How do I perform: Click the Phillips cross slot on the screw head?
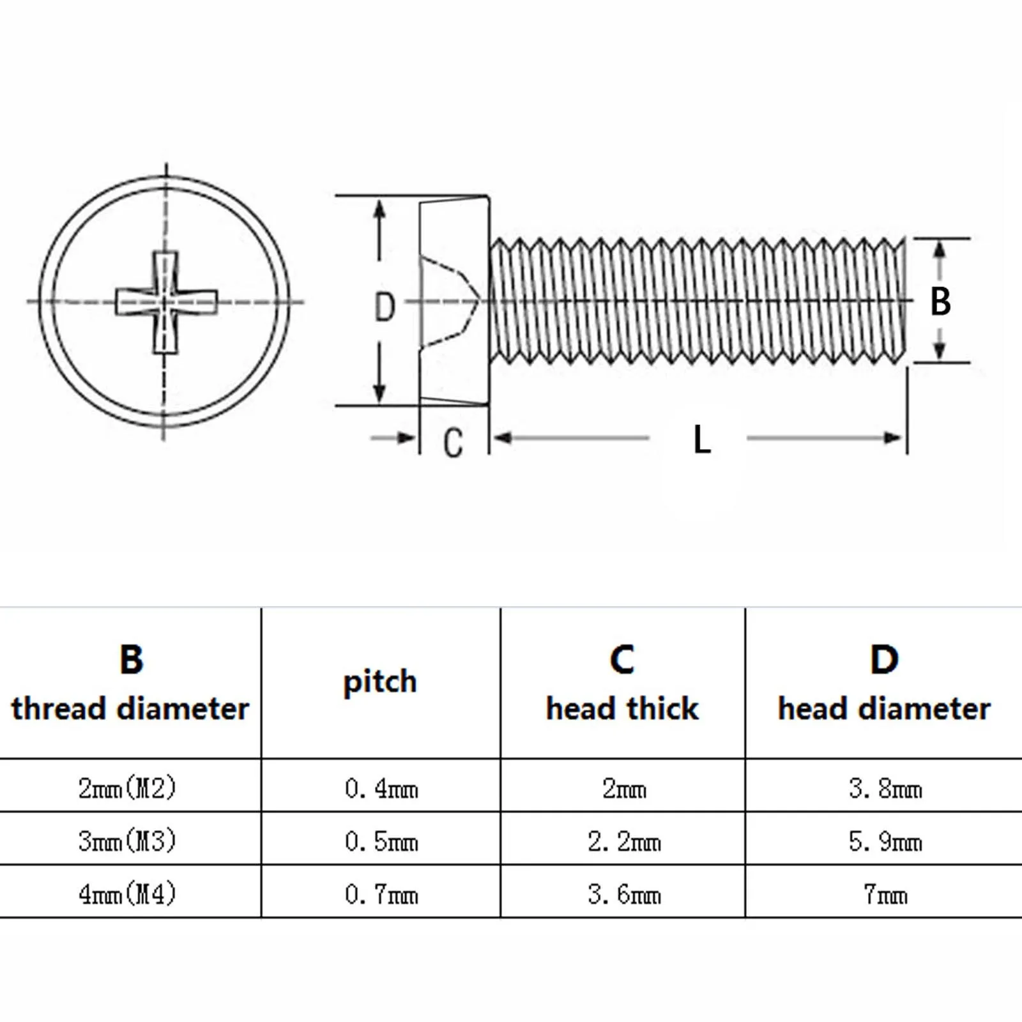coord(165,301)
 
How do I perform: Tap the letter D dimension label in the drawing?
coord(385,307)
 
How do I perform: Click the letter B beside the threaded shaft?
coord(940,301)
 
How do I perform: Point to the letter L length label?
coord(701,440)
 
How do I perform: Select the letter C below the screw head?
coord(453,443)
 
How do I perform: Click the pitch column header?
coord(380,682)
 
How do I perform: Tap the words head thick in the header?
coord(622,709)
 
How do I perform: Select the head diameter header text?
coord(884,709)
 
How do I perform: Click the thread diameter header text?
coord(130,709)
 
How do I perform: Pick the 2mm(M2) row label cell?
coord(127,788)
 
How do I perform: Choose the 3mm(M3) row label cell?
coord(127,841)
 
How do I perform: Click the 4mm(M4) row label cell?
coord(127,893)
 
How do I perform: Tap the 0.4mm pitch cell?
coord(381,789)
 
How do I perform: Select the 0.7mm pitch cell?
coord(381,894)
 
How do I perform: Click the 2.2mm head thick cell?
coord(624,842)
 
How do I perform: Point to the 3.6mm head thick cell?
coord(624,894)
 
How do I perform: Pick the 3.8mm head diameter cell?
coord(885,789)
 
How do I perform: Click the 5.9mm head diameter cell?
coord(885,842)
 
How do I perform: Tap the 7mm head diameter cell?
coord(885,894)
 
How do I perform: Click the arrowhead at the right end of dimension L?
coord(893,438)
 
